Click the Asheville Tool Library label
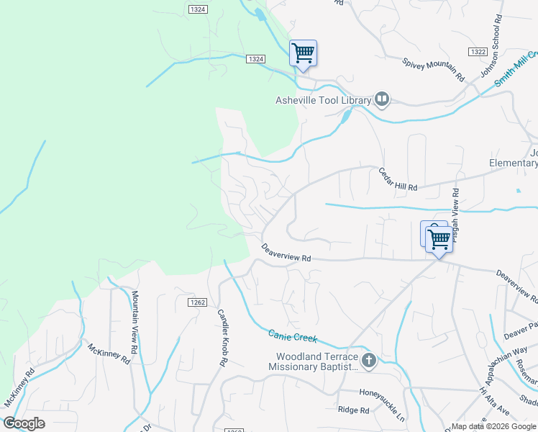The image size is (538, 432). (323, 100)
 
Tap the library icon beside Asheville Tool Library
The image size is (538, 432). (382, 100)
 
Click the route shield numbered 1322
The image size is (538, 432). (477, 53)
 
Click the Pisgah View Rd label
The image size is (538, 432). (455, 210)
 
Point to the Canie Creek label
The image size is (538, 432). (292, 336)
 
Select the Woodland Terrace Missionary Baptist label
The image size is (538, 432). (313, 361)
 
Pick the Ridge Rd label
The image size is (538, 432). (353, 410)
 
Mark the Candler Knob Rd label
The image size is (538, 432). (222, 338)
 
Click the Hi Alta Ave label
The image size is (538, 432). (494, 400)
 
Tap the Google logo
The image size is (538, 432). (24, 423)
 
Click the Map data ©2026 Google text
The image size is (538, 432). (494, 426)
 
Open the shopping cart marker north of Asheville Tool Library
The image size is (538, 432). (303, 53)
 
